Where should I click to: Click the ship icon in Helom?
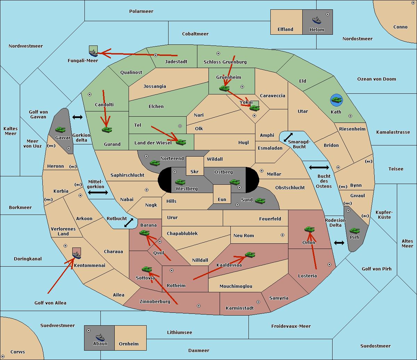(x=317, y=20)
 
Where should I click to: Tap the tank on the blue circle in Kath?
(x=336, y=100)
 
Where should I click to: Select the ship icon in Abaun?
(x=100, y=337)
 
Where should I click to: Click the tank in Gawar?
(x=60, y=129)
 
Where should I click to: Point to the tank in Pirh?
(x=354, y=231)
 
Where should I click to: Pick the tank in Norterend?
(x=155, y=163)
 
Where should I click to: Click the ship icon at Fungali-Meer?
(x=93, y=53)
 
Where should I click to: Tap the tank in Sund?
(x=260, y=201)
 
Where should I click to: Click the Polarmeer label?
(x=141, y=11)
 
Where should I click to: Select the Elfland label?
(x=285, y=30)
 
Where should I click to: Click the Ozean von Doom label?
(x=377, y=79)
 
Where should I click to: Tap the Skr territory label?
(x=195, y=171)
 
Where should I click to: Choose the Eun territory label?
(x=222, y=199)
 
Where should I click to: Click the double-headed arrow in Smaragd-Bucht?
(x=288, y=137)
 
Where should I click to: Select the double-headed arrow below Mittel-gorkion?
(x=98, y=193)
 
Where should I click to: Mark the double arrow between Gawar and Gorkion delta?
(x=77, y=117)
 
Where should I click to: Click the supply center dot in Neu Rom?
(x=283, y=235)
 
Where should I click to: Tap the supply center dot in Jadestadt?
(x=156, y=55)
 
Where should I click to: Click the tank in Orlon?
(x=309, y=229)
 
